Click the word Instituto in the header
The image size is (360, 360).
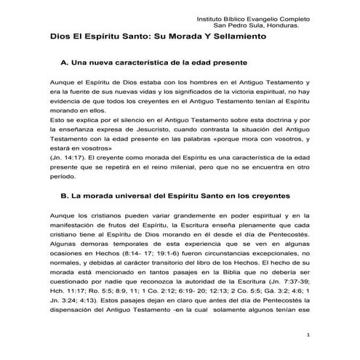pos(212,16)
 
